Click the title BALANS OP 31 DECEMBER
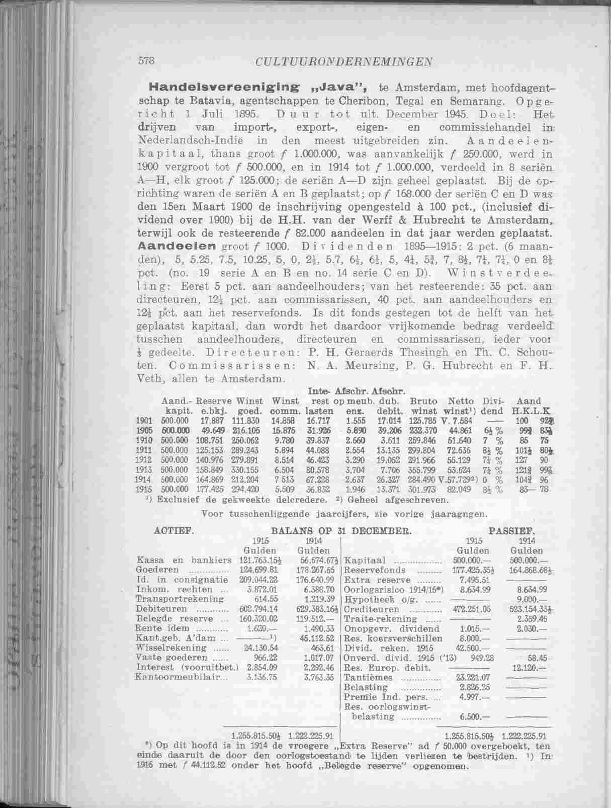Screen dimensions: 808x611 (x=341, y=530)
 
